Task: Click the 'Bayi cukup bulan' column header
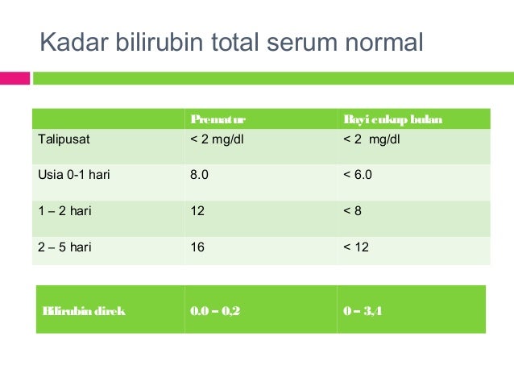(392, 120)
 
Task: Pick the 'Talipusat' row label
(64, 139)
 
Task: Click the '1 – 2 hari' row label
(64, 210)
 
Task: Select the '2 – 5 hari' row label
(64, 247)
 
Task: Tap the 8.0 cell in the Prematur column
(199, 174)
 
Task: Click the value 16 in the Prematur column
(197, 247)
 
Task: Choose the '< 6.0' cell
(358, 174)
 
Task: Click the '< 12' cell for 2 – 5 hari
(356, 247)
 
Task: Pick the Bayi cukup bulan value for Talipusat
(372, 139)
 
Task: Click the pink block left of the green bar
(15, 78)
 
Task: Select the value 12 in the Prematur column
(197, 210)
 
